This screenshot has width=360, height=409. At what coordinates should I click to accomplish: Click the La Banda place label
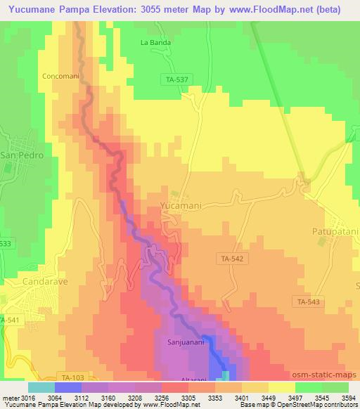156,42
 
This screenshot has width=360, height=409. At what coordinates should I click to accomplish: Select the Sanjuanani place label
186,343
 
